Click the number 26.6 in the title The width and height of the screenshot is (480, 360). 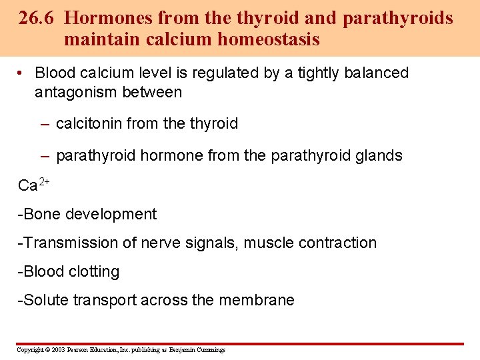tap(38, 18)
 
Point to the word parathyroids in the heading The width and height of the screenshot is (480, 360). tap(397, 18)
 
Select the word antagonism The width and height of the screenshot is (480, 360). tap(76, 92)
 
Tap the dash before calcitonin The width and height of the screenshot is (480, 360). tap(44, 123)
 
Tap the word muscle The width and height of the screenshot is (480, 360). tap(267, 243)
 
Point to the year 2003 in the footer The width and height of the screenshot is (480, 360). tap(57, 350)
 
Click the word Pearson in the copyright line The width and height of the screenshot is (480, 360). tap(79, 350)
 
